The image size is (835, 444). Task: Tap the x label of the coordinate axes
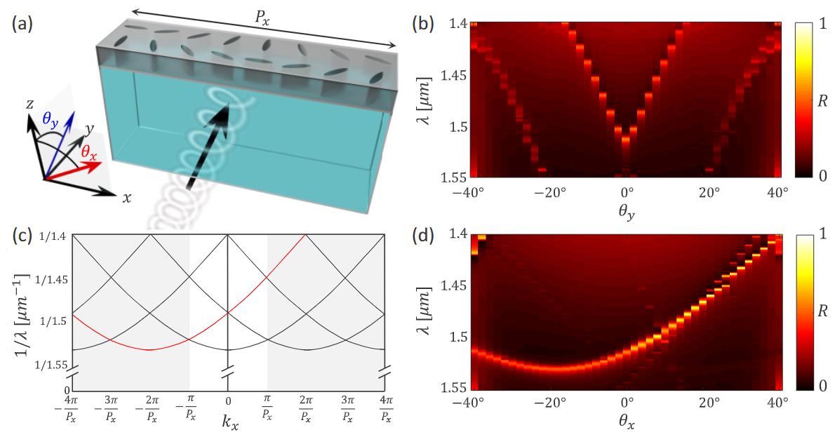click(x=127, y=198)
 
